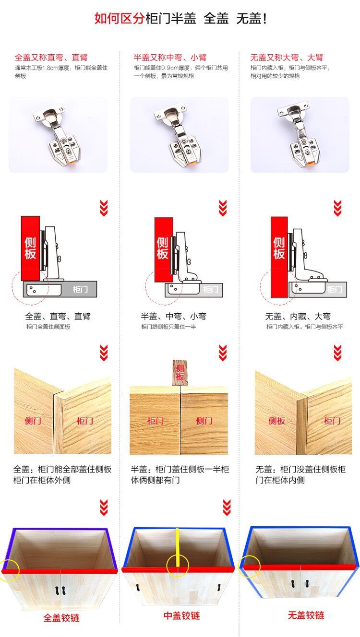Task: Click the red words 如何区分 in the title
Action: click(119, 19)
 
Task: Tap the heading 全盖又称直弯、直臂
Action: click(51, 58)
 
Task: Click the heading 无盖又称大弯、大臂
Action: click(287, 58)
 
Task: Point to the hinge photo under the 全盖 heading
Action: click(58, 135)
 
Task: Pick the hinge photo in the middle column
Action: click(179, 135)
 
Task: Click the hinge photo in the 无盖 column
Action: click(300, 135)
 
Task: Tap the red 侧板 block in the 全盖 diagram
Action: click(30, 248)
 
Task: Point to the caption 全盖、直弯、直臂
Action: click(58, 317)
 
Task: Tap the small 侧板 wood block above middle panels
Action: click(180, 372)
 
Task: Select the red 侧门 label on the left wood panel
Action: click(33, 421)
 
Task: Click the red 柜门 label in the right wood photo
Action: click(332, 421)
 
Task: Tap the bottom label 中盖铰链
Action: click(181, 615)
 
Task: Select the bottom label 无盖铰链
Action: click(306, 615)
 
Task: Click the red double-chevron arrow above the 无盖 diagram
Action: click(337, 208)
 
